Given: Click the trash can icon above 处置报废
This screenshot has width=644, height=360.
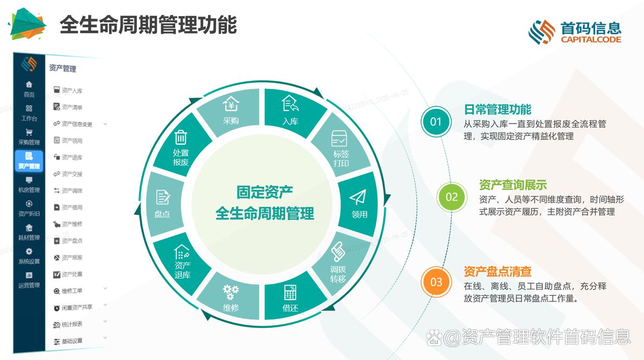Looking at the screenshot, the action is click(x=181, y=137).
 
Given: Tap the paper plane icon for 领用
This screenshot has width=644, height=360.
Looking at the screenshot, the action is click(x=358, y=198).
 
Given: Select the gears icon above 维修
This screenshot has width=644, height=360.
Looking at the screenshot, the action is click(x=231, y=291).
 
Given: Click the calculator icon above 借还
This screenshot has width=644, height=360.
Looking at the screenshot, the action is click(x=290, y=292).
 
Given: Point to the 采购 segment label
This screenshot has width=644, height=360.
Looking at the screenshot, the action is click(x=231, y=121).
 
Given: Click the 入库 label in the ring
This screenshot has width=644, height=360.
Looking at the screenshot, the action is click(x=290, y=121).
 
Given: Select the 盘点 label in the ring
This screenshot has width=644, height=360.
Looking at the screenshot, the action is click(x=162, y=213).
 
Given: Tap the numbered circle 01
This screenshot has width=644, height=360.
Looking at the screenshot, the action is click(x=436, y=122).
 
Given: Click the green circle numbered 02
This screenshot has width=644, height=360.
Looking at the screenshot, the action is click(x=452, y=197).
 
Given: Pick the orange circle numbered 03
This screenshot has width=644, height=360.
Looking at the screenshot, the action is click(x=436, y=282).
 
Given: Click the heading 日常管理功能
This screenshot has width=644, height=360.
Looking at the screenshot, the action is click(x=497, y=109).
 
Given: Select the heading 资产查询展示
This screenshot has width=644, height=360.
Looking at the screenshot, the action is click(x=513, y=185).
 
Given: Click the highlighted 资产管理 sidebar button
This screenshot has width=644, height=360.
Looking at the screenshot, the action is click(x=29, y=161).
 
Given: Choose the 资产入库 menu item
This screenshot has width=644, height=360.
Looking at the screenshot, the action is click(x=72, y=91).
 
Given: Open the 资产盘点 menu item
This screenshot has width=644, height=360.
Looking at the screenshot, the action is click(x=72, y=241).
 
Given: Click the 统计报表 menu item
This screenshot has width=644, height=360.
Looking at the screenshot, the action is click(x=72, y=324).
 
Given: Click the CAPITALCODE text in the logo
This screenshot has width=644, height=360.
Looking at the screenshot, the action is click(x=591, y=39).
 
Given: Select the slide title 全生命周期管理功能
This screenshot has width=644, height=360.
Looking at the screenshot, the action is click(x=148, y=24).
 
